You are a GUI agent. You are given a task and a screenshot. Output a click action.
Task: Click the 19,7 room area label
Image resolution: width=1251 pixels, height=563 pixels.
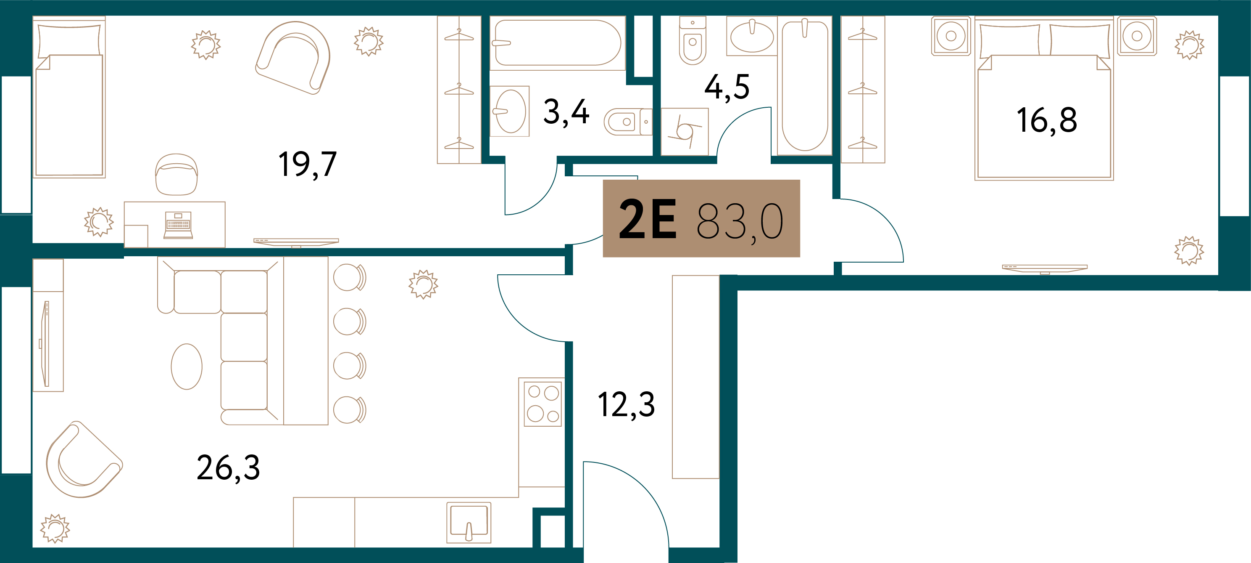308,165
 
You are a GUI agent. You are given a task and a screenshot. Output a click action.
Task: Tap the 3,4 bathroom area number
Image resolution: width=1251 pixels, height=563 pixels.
566,112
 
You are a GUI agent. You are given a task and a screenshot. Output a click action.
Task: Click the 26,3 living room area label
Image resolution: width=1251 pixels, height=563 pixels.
228,468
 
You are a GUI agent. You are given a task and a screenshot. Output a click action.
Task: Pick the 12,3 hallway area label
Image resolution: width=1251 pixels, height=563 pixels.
627,404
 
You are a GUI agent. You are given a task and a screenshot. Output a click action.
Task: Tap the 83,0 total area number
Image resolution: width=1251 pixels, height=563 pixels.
740,222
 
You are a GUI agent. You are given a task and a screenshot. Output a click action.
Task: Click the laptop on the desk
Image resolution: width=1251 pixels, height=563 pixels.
178,225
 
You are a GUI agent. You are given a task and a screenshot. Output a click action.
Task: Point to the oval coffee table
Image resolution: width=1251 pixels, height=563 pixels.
187,366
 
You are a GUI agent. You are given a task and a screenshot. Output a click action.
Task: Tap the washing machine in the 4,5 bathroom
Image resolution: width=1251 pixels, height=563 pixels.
685,132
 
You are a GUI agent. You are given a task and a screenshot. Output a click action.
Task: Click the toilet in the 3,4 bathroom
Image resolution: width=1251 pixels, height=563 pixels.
627,122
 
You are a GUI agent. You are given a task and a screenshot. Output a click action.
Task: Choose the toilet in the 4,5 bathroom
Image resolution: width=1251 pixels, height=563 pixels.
693,40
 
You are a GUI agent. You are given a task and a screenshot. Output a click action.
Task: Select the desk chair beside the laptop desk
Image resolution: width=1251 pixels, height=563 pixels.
176,174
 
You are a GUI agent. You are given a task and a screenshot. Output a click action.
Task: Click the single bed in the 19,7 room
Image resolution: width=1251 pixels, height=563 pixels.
69,97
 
